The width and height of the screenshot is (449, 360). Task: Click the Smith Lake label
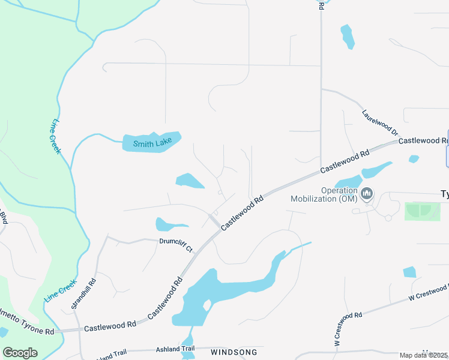[152, 143]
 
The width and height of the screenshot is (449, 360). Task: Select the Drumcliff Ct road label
[176, 246]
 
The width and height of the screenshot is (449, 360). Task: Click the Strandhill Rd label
[83, 293]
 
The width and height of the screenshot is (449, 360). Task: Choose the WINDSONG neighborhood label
[234, 352]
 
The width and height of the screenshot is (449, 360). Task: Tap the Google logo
[20, 353]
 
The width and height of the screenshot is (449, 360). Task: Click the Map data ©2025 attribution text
[424, 355]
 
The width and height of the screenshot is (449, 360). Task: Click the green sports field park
[423, 211]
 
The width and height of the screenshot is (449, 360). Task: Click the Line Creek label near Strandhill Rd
[60, 290]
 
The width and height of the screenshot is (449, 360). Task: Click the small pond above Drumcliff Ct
[167, 225]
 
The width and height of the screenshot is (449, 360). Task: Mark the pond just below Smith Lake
[190, 181]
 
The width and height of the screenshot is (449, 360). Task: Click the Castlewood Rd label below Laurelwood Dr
[345, 162]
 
